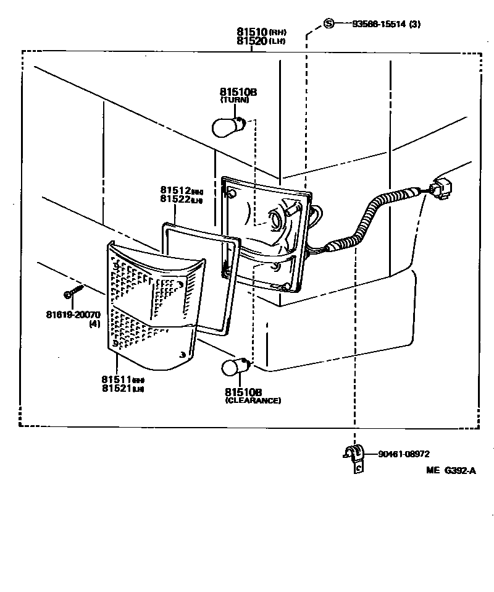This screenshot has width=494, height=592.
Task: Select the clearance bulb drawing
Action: (235, 366)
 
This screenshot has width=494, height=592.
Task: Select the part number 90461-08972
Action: (406, 454)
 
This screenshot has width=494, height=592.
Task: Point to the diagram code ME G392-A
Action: (451, 471)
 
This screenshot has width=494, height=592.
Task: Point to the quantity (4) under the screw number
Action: (94, 324)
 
